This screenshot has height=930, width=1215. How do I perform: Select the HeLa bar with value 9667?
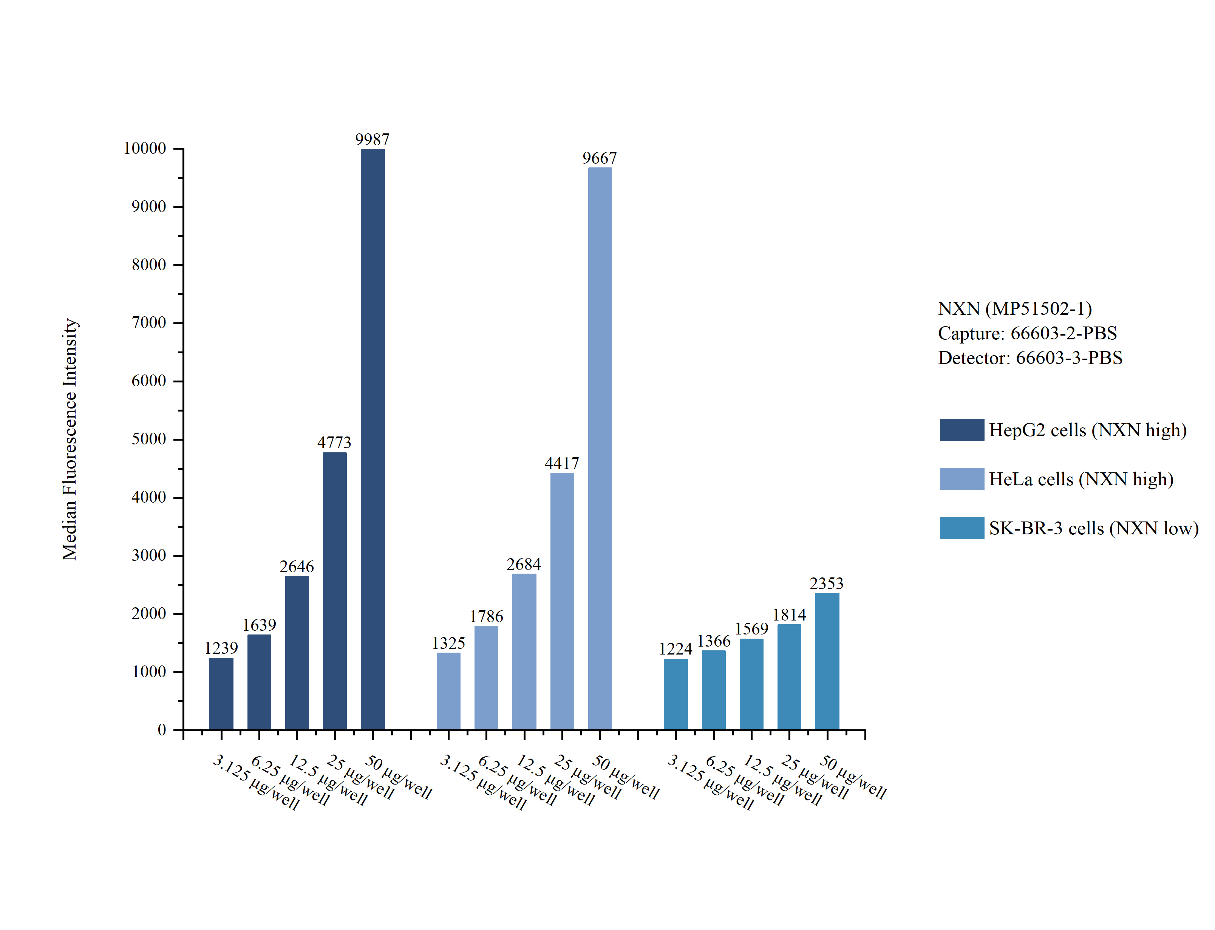pyautogui.click(x=600, y=449)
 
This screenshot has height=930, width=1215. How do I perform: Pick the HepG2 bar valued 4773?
pyautogui.click(x=335, y=591)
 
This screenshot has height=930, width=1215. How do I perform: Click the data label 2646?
pyautogui.click(x=297, y=566)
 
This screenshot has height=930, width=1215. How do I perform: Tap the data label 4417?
pyautogui.click(x=561, y=463)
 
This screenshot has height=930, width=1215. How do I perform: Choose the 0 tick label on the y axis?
pyautogui.click(x=162, y=730)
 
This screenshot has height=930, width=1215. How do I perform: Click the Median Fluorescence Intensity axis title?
pyautogui.click(x=70, y=439)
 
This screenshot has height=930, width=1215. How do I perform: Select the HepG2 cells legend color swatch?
pyautogui.click(x=961, y=430)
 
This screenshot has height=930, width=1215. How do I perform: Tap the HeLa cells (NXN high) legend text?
pyautogui.click(x=1081, y=479)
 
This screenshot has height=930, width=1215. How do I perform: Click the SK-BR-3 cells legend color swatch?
pyautogui.click(x=961, y=528)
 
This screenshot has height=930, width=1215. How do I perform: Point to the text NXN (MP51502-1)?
pyautogui.click(x=1015, y=308)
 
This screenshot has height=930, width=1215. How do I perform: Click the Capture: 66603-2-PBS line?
pyautogui.click(x=1027, y=333)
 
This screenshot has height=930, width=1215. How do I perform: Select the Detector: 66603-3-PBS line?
pyautogui.click(x=1030, y=357)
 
